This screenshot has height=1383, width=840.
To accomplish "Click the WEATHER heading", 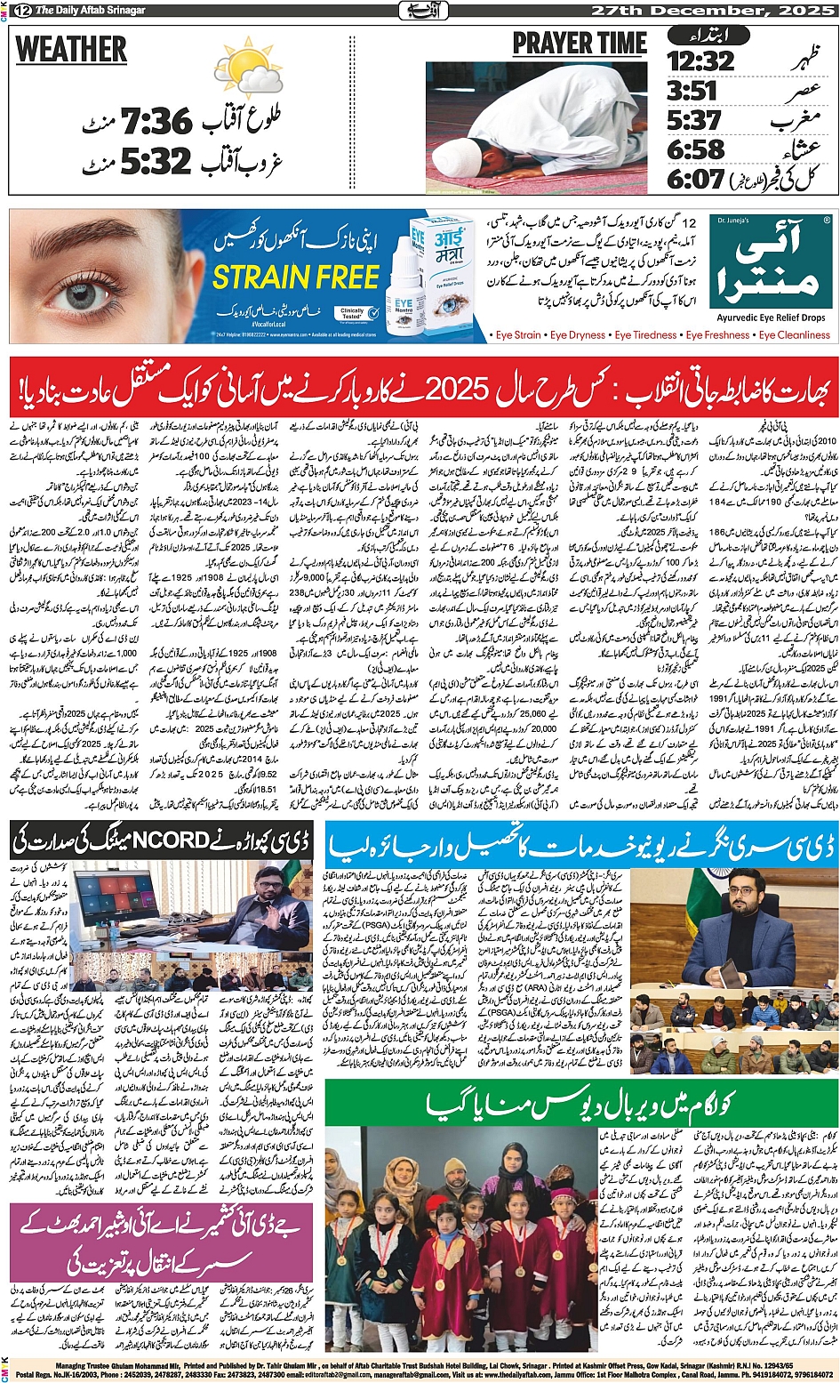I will pyautogui.click(x=71, y=50).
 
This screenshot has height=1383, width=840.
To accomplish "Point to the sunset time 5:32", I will pyautogui.click(x=156, y=161).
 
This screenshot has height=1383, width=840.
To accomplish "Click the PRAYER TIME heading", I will pyautogui.click(x=580, y=44).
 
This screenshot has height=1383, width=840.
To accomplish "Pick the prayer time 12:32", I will pyautogui.click(x=700, y=61).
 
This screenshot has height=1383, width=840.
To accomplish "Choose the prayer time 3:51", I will pyautogui.click(x=692, y=91).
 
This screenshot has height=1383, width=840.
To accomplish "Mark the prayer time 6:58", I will pyautogui.click(x=695, y=149).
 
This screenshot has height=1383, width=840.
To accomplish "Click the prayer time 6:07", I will pyautogui.click(x=695, y=179).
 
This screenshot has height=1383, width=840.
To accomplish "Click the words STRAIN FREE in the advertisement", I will pyautogui.click(x=296, y=278).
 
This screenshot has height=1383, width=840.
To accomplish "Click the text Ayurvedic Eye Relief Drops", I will pyautogui.click(x=771, y=318).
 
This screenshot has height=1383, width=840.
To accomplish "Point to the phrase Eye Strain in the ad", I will pyautogui.click(x=517, y=335).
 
